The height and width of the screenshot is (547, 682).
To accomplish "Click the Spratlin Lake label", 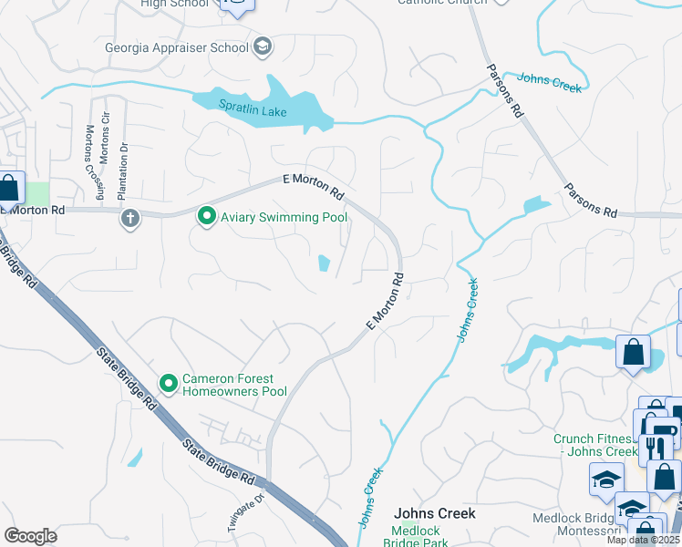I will [226, 111].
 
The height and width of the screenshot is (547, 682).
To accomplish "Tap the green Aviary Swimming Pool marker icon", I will [207, 217].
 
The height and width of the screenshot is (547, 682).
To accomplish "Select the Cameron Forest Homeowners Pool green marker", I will [169, 385].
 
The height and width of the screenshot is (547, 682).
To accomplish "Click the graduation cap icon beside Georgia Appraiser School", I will [263, 47].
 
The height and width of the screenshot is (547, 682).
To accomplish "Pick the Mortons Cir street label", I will [105, 144].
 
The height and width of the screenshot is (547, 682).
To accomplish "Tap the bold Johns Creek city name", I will [434, 513].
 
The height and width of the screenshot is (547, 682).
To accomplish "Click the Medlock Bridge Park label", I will [428, 537].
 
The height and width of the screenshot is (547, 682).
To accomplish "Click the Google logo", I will [30, 535].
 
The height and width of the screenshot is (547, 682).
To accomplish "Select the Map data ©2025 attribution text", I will [643, 540].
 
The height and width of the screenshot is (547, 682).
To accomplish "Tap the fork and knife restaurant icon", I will [656, 449].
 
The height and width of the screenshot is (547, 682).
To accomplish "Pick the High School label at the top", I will [175, 4].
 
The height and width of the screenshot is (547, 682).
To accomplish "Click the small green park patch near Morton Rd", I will [36, 193].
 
